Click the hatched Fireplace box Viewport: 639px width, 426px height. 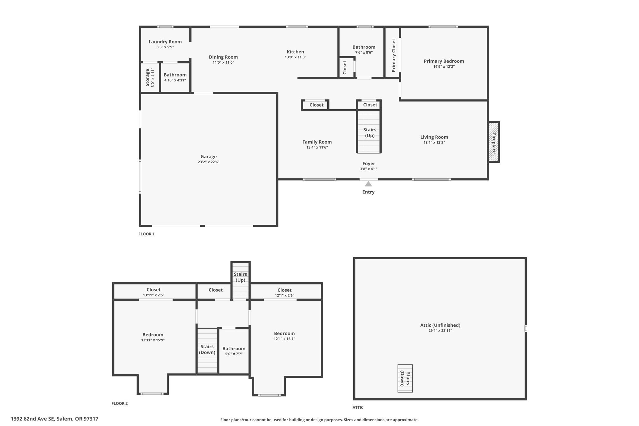click(494, 142)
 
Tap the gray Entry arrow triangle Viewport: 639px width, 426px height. click(368, 184)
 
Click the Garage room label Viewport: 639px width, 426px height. click(208, 157)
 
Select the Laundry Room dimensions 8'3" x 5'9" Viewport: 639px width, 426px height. click(165, 47)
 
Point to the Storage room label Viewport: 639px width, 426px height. click(147, 77)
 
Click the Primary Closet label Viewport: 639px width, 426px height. click(393, 56)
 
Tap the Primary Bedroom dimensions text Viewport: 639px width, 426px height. click(444, 66)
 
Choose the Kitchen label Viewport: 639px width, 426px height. click(295, 52)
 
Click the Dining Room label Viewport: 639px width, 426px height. click(223, 57)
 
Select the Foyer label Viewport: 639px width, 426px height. click(369, 164)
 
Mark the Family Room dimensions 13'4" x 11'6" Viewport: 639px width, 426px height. click(317, 147)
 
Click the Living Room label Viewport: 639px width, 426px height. click(434, 137)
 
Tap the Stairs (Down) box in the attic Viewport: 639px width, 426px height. click(405, 378)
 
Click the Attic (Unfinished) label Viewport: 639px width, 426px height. click(440, 325)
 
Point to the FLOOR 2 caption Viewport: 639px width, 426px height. click(120, 403)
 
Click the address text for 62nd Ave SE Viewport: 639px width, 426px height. click(55, 419)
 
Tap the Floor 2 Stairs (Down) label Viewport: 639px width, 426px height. click(207, 350)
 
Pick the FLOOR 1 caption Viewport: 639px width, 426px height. click(146, 234)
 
